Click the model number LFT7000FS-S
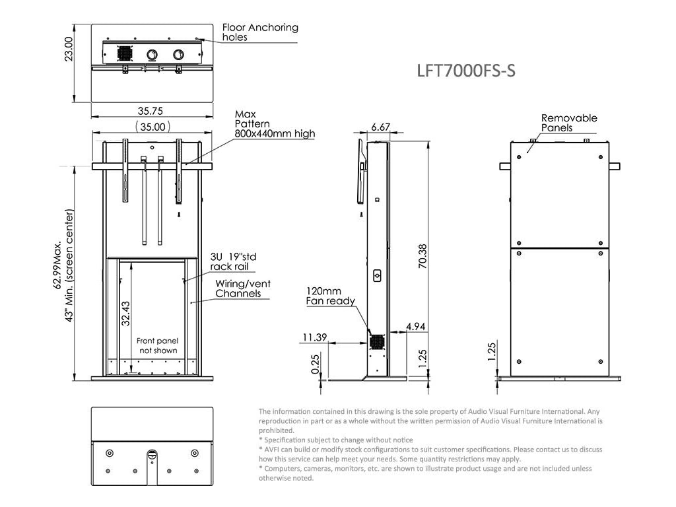466,71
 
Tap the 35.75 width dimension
151,111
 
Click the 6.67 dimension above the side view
381,127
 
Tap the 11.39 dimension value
315,337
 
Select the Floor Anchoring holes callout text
259,32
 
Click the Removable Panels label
568,123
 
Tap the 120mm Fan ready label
330,296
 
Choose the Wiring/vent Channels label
242,288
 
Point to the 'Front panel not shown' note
157,345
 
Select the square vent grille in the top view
125,53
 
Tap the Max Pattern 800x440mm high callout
274,124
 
